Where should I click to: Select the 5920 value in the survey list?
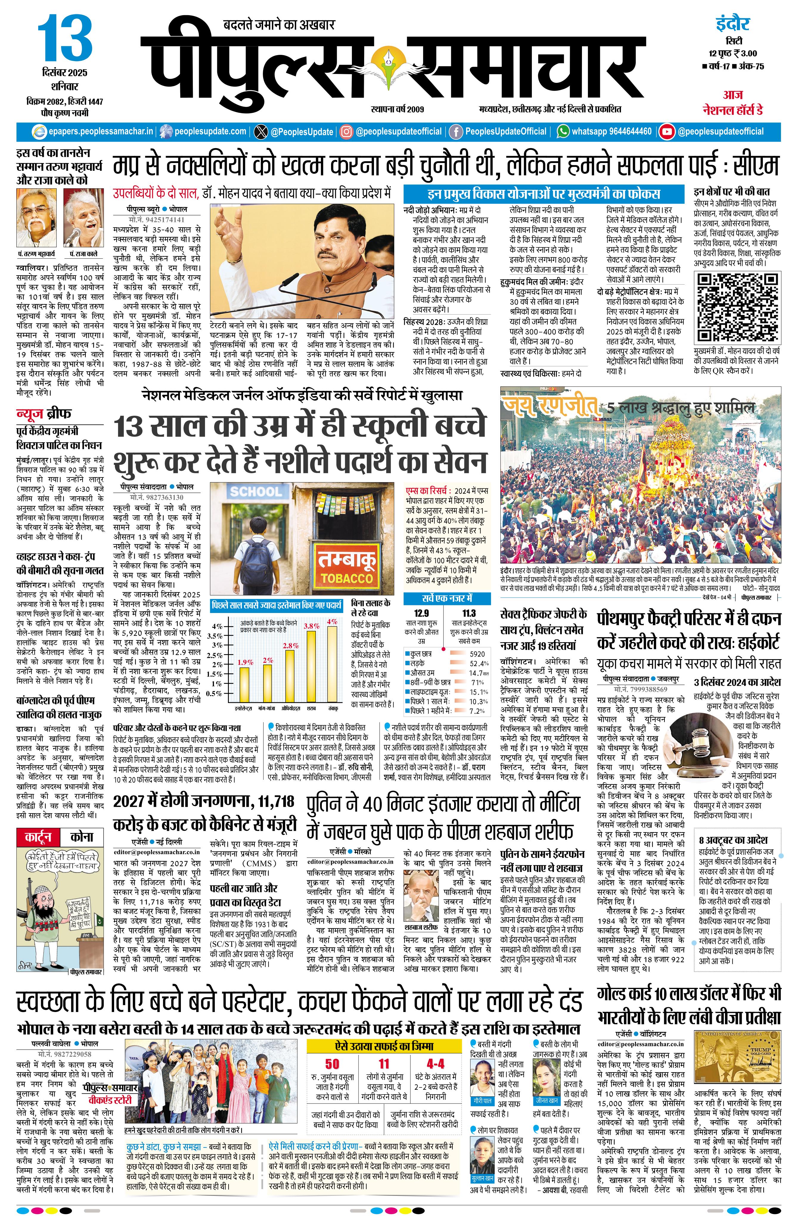pyautogui.click(x=477, y=654)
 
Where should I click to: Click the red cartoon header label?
pyautogui.click(x=38, y=838)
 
